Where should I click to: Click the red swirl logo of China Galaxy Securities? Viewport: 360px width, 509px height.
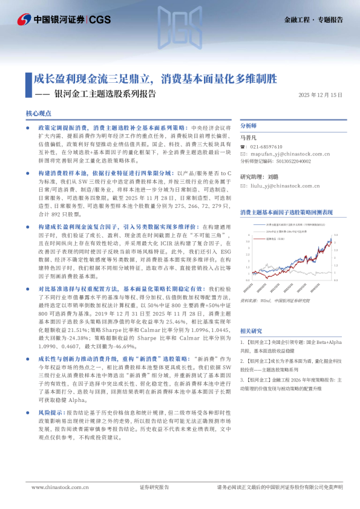coord(24,19)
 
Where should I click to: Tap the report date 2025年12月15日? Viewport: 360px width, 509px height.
coord(321,95)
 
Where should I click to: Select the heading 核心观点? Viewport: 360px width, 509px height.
coord(39,114)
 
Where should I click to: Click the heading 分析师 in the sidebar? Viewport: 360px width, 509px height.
coord(249,126)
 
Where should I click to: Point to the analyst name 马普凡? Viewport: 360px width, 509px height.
coord(248,138)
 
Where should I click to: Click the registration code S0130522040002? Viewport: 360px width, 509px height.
coord(290,161)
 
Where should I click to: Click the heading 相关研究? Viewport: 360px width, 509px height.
coord(251,331)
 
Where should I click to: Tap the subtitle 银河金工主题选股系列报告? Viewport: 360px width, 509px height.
coord(105,94)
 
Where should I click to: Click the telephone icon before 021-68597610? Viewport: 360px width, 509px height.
coord(243,147)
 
